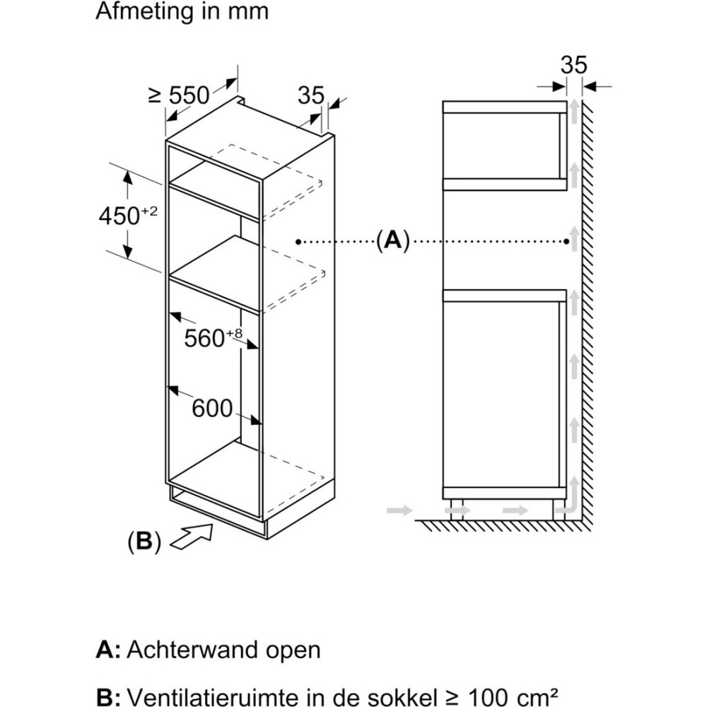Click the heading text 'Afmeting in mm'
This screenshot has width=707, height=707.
(x=182, y=13)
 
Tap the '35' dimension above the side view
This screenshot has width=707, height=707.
(x=573, y=65)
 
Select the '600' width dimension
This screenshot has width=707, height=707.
(x=212, y=409)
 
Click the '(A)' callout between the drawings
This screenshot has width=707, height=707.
(x=392, y=242)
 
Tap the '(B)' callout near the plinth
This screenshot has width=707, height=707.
(x=144, y=543)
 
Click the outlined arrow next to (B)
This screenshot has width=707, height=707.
(x=193, y=535)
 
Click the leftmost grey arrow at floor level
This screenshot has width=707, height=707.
(x=399, y=508)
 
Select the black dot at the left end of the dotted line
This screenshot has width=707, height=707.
(x=298, y=242)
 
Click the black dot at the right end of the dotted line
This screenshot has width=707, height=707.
(x=568, y=242)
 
